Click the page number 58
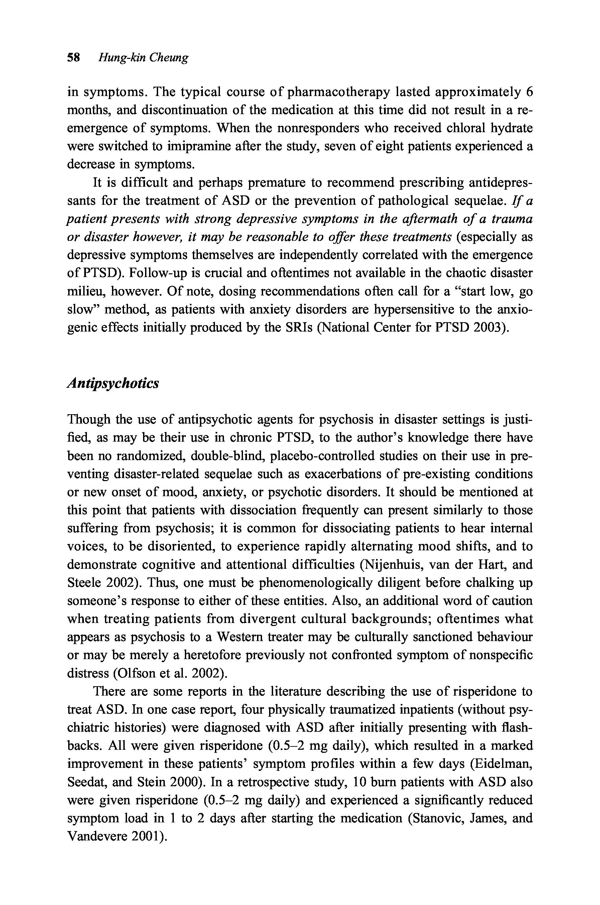(73, 58)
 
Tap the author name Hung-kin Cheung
(143, 58)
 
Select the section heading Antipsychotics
(113, 383)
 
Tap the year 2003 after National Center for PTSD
(491, 328)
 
